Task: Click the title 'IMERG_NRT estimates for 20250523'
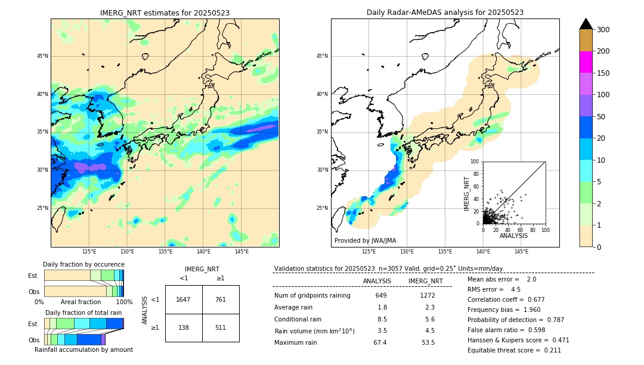(165, 13)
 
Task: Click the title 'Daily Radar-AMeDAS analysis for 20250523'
(445, 13)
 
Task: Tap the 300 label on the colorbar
(603, 29)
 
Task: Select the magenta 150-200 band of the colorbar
(586, 62)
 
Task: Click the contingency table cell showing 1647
(184, 299)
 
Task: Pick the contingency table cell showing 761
(221, 299)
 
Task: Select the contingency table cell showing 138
(184, 328)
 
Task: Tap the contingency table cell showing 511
(221, 328)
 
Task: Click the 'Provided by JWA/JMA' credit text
(365, 241)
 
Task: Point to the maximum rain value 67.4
(380, 342)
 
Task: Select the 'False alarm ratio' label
(492, 330)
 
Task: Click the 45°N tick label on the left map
(42, 56)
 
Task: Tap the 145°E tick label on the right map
(521, 252)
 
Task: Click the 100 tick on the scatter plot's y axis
(475, 162)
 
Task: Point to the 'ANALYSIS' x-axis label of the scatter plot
(513, 236)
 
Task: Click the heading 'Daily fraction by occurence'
(83, 264)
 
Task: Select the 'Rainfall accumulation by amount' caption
(83, 349)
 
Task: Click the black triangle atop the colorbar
(586, 24)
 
